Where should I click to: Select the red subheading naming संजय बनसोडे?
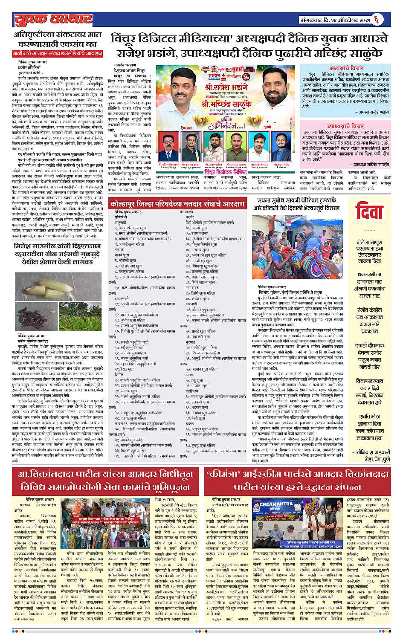click(57, 54)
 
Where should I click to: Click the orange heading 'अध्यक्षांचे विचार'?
click(346, 68)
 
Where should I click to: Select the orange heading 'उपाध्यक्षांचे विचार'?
click(346, 126)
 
